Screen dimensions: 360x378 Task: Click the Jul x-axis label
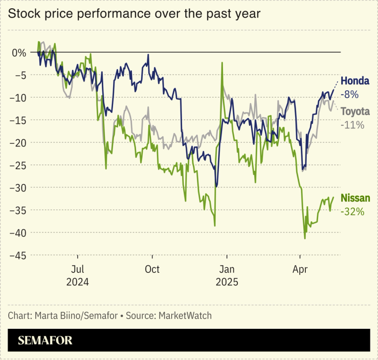[78, 269]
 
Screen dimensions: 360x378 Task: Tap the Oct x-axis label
[152, 269]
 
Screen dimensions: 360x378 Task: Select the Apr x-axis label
[300, 269]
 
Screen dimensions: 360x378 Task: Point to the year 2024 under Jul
[78, 282]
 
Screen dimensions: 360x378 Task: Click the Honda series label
[354, 81]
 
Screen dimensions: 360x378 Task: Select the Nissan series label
[354, 199]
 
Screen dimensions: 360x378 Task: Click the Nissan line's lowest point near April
[305, 238]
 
